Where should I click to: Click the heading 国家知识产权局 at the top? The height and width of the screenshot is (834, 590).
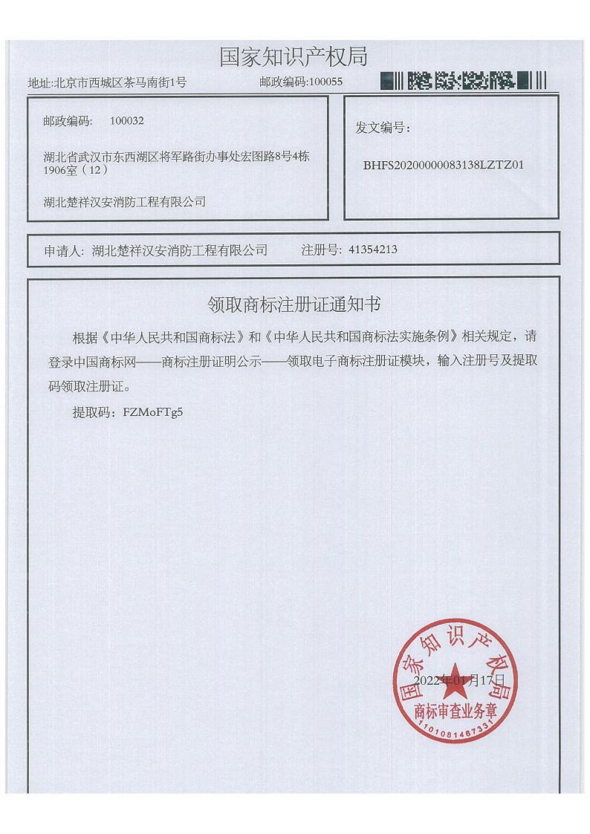click(x=294, y=56)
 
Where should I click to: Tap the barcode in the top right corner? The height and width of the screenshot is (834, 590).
click(x=462, y=80)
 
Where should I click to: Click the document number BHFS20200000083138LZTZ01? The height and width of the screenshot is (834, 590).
click(x=444, y=165)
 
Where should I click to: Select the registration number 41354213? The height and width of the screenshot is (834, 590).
click(x=373, y=250)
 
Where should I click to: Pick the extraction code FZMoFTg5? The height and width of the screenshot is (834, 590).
click(x=152, y=412)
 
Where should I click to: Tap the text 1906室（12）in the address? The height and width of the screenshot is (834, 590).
click(x=77, y=169)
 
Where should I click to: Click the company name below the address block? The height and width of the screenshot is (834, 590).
click(x=125, y=201)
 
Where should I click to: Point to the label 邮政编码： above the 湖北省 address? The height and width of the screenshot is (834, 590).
click(x=68, y=120)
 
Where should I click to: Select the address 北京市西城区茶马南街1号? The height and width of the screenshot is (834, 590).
click(x=120, y=82)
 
